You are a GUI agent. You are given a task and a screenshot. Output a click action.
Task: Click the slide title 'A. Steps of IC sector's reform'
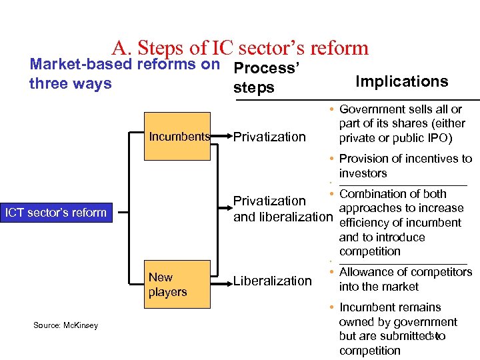pyautogui.click(x=240, y=48)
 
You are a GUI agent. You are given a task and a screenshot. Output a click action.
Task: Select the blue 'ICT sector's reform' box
pyautogui.click(x=56, y=213)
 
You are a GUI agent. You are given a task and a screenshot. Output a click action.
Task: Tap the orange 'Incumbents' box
pyautogui.click(x=179, y=137)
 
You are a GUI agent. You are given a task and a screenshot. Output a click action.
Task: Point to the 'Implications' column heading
pyautogui.click(x=401, y=81)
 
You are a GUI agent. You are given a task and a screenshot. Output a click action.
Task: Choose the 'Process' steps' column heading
pyautogui.click(x=265, y=78)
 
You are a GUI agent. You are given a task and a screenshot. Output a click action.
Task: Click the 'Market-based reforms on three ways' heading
pyautogui.click(x=125, y=74)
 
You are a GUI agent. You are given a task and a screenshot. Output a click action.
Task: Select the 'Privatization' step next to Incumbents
pyautogui.click(x=269, y=137)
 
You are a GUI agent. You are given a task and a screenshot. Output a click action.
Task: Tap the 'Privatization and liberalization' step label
pyautogui.click(x=283, y=209)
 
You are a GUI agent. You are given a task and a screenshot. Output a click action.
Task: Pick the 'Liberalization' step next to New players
pyautogui.click(x=272, y=281)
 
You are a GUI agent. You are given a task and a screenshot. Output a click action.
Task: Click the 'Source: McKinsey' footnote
pyautogui.click(x=65, y=325)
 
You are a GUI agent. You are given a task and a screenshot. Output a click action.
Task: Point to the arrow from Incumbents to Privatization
pyautogui.click(x=221, y=137)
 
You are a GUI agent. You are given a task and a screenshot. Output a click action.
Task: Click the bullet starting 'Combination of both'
pyautogui.click(x=400, y=223)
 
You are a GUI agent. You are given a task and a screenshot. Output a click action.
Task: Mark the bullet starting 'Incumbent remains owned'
pyautogui.click(x=397, y=329)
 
